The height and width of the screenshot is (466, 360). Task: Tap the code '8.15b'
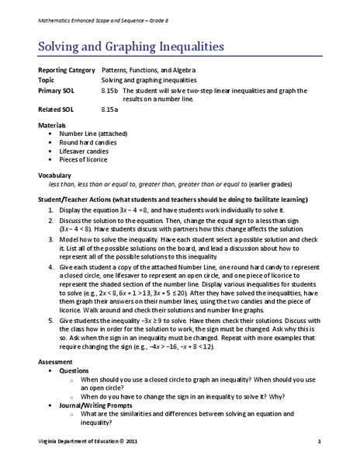[x=110, y=91]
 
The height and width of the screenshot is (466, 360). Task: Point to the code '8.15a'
[x=110, y=110]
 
